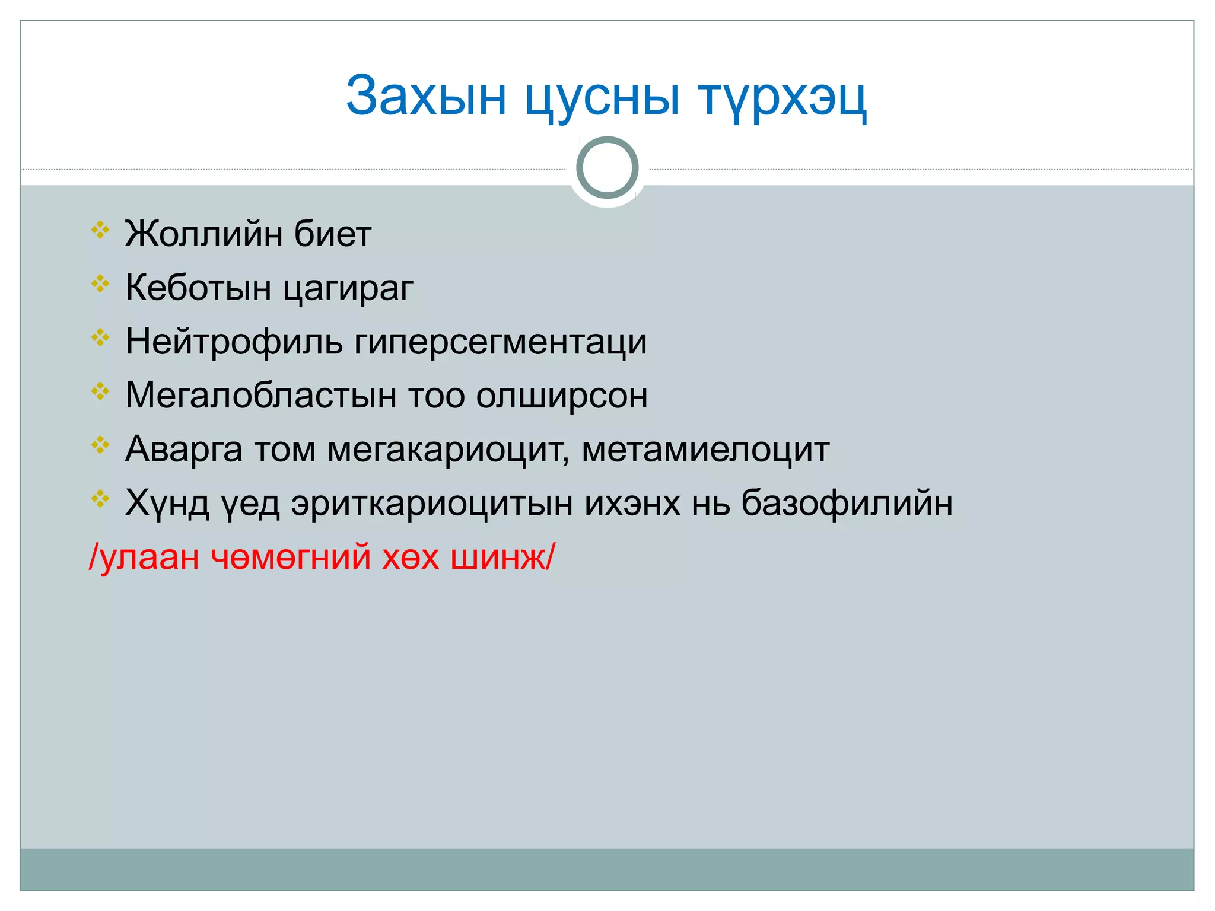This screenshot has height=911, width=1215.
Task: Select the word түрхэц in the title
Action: pos(782,98)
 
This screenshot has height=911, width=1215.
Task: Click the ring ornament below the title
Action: pos(607,168)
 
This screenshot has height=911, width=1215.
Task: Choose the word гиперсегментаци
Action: pos(501,343)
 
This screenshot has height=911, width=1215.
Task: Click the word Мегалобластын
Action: pos(261,396)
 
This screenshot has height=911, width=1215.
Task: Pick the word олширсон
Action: pos(562,396)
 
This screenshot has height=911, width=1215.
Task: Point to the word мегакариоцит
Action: pos(448,450)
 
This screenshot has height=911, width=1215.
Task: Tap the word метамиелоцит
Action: pos(705,450)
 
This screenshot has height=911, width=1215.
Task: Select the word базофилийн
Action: pos(847,504)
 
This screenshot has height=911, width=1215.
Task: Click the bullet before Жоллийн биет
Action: pos(100,230)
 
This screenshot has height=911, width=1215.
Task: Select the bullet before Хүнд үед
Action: pos(100,499)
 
